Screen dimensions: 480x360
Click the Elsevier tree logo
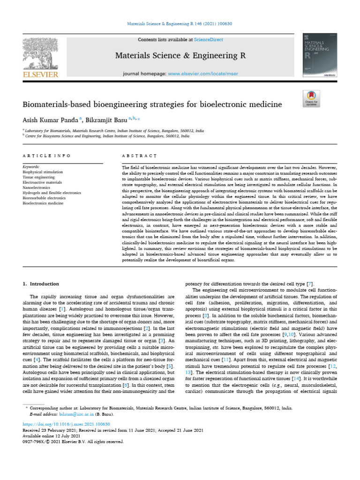pos(40,57)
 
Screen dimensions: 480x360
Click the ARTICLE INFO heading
pos(46,155)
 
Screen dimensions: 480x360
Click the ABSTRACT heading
pos(139,155)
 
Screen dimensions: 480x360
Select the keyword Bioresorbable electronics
pos(45,198)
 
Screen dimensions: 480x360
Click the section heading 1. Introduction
pos(41,284)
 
